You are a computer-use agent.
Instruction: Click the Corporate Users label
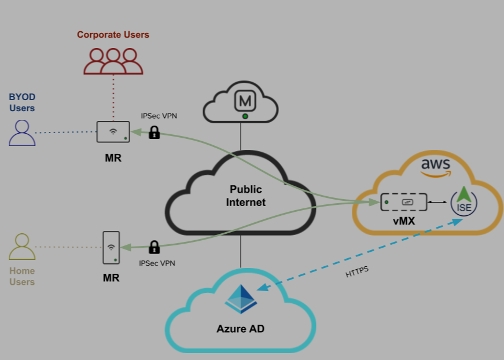(x=113, y=35)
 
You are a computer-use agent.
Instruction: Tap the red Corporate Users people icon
(x=113, y=61)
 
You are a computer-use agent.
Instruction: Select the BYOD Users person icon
(x=22, y=133)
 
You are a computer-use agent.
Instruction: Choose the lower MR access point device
(x=111, y=248)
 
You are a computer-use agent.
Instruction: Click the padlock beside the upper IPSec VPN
(x=154, y=132)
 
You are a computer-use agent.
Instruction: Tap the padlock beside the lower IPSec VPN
(x=154, y=247)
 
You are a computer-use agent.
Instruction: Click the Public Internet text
(x=246, y=196)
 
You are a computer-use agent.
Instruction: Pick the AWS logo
(x=435, y=167)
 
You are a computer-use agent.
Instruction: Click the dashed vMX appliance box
(x=404, y=202)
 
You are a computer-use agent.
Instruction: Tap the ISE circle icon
(x=463, y=202)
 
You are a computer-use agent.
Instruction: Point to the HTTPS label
(x=357, y=272)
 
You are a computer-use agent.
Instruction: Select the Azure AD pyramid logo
(x=241, y=299)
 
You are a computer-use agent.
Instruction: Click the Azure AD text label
(x=241, y=329)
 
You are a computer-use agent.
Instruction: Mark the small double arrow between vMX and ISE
(x=437, y=202)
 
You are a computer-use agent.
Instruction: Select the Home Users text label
(x=22, y=276)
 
